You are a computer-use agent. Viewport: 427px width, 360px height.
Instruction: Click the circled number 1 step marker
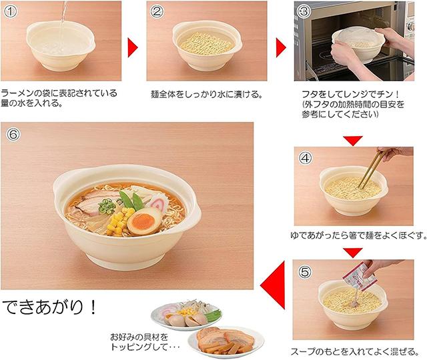click(x=11, y=11)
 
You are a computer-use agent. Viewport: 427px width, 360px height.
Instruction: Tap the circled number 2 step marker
click(x=157, y=12)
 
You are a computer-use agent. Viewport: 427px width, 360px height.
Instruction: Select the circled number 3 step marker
click(x=304, y=12)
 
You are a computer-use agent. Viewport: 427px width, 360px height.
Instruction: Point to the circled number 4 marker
click(x=306, y=158)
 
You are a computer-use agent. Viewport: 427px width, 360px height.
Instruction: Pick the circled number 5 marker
click(x=305, y=271)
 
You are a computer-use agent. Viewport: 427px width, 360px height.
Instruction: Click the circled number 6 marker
click(x=13, y=134)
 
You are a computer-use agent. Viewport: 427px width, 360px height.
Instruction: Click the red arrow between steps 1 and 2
click(x=133, y=47)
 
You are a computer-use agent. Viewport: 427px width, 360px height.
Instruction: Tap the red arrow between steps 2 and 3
click(x=281, y=47)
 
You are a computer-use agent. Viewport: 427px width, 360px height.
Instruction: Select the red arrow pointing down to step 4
click(x=353, y=141)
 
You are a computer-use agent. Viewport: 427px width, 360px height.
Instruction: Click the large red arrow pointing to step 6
click(x=273, y=285)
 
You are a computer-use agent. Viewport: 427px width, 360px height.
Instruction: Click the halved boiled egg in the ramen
click(x=144, y=221)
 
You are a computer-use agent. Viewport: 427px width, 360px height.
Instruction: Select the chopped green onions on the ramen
click(x=107, y=206)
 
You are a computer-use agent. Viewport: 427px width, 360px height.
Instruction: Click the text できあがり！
click(x=50, y=307)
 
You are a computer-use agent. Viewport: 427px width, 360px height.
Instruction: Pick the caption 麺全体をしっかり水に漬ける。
click(x=207, y=95)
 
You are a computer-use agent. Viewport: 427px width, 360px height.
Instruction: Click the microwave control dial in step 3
click(x=410, y=27)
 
